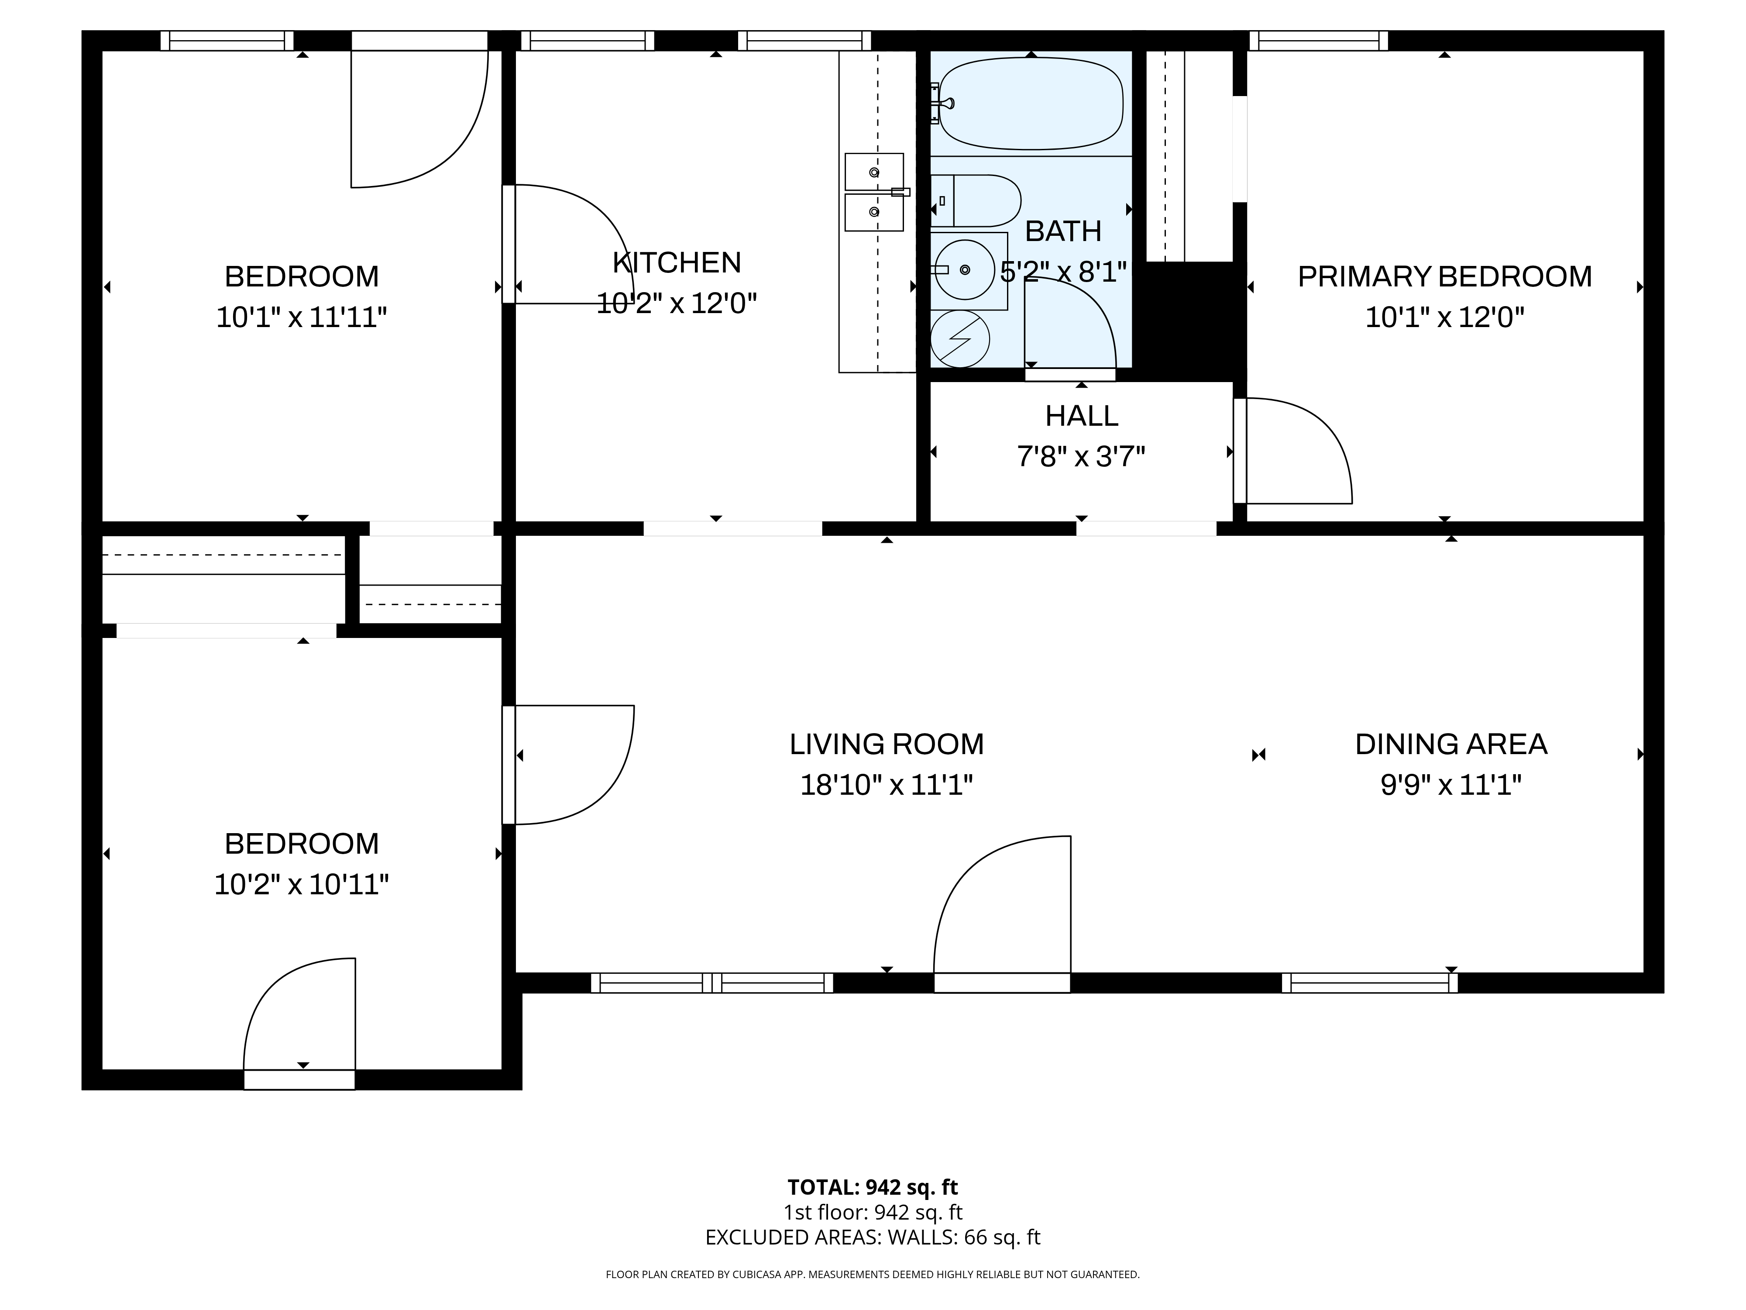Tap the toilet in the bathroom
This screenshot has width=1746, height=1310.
point(976,200)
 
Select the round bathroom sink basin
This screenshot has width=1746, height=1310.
point(964,270)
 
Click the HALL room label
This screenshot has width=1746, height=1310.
point(1081,416)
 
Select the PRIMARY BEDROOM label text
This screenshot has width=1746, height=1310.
point(1444,276)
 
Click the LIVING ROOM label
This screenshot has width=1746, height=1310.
point(887,744)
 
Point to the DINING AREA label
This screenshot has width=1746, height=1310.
point(1451,744)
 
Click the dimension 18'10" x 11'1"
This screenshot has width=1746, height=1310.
point(887,785)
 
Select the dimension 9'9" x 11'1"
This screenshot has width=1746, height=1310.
point(1451,785)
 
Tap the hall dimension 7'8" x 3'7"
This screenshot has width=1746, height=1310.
point(1081,456)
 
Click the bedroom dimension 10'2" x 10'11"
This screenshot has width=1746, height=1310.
point(302,884)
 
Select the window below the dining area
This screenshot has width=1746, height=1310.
point(1369,983)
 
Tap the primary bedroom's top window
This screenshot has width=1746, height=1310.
point(1318,40)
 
